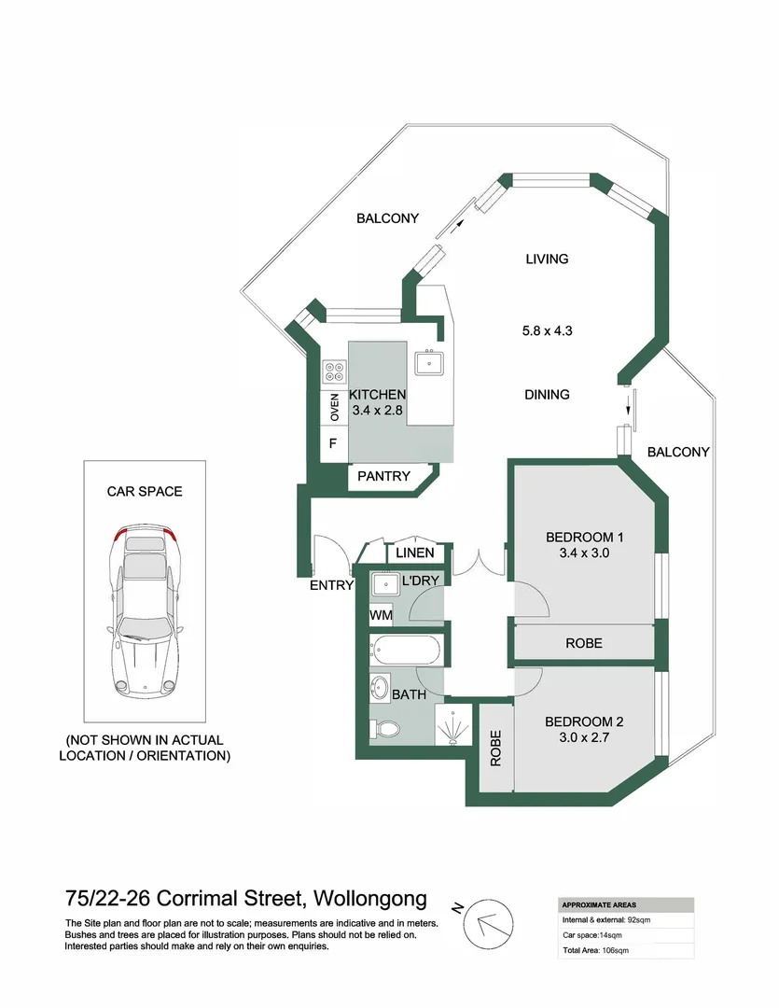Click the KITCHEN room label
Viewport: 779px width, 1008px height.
(x=378, y=395)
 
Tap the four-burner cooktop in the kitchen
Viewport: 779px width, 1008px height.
(x=334, y=372)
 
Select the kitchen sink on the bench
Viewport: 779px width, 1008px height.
(x=430, y=361)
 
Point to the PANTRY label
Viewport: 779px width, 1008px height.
(x=383, y=476)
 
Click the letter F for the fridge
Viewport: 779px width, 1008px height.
(x=331, y=444)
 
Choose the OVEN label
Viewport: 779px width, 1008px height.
(x=334, y=407)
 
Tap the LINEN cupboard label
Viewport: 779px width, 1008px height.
(x=414, y=553)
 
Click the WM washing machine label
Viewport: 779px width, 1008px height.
(x=381, y=615)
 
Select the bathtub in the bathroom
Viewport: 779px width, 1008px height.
(x=407, y=650)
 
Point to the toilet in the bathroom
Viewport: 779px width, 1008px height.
(x=386, y=729)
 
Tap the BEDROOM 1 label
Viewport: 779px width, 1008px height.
(x=584, y=537)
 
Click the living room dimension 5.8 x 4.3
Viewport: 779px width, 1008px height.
(x=547, y=330)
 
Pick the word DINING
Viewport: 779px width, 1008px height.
(x=547, y=395)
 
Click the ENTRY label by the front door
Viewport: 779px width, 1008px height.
(x=332, y=585)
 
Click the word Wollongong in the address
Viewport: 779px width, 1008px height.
(x=371, y=899)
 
